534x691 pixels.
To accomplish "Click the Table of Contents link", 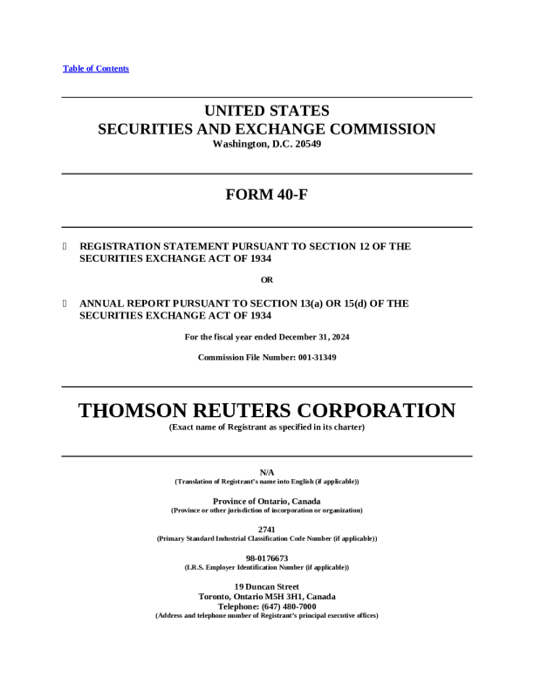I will (x=96, y=69).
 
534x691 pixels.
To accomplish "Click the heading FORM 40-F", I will (x=266, y=195).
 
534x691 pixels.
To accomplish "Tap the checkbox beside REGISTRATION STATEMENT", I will (x=65, y=247).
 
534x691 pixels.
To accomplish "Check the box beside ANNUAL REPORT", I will (x=65, y=304).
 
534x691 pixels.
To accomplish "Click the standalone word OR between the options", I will (x=267, y=280).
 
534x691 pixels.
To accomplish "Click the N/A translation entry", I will (x=267, y=472).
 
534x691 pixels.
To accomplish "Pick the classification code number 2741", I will (x=267, y=530).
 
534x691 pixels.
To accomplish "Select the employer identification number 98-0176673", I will (x=267, y=558).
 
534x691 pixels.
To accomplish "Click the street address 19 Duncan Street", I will (x=267, y=586).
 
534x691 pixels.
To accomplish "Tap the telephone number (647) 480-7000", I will (x=286, y=606).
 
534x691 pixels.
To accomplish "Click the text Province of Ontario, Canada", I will (x=267, y=501).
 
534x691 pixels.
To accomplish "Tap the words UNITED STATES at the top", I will (x=267, y=111).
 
